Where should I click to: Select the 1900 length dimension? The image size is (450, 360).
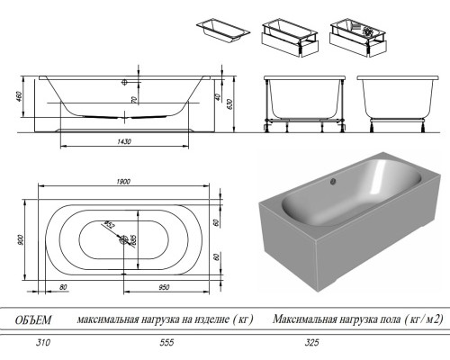123,183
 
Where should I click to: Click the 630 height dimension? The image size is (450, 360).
231,103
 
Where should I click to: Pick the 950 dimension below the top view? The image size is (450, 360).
165,287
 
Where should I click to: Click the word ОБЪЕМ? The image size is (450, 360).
35,319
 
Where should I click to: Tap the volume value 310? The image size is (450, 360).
35,344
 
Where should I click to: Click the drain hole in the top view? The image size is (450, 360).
122,239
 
